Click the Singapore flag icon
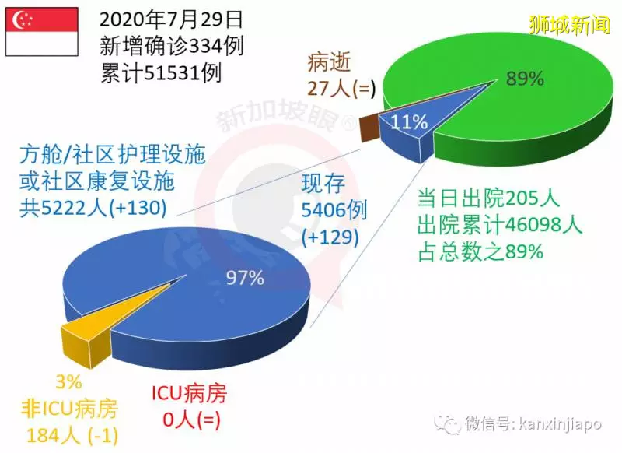click(x=42, y=31)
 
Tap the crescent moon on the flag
click(x=19, y=19)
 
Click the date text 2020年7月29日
click(x=171, y=20)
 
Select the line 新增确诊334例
click(x=171, y=47)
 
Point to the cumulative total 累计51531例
click(x=161, y=73)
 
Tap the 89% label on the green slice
click(x=524, y=78)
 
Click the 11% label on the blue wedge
click(x=409, y=122)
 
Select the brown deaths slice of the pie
click(x=369, y=127)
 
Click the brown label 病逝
click(x=329, y=62)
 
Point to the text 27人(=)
click(x=341, y=88)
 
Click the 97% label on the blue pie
click(x=245, y=278)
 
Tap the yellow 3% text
click(x=68, y=382)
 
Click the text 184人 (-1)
click(x=72, y=436)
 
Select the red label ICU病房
click(x=189, y=393)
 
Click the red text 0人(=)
click(x=191, y=420)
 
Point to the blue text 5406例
click(x=334, y=210)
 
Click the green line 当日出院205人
click(x=488, y=198)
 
